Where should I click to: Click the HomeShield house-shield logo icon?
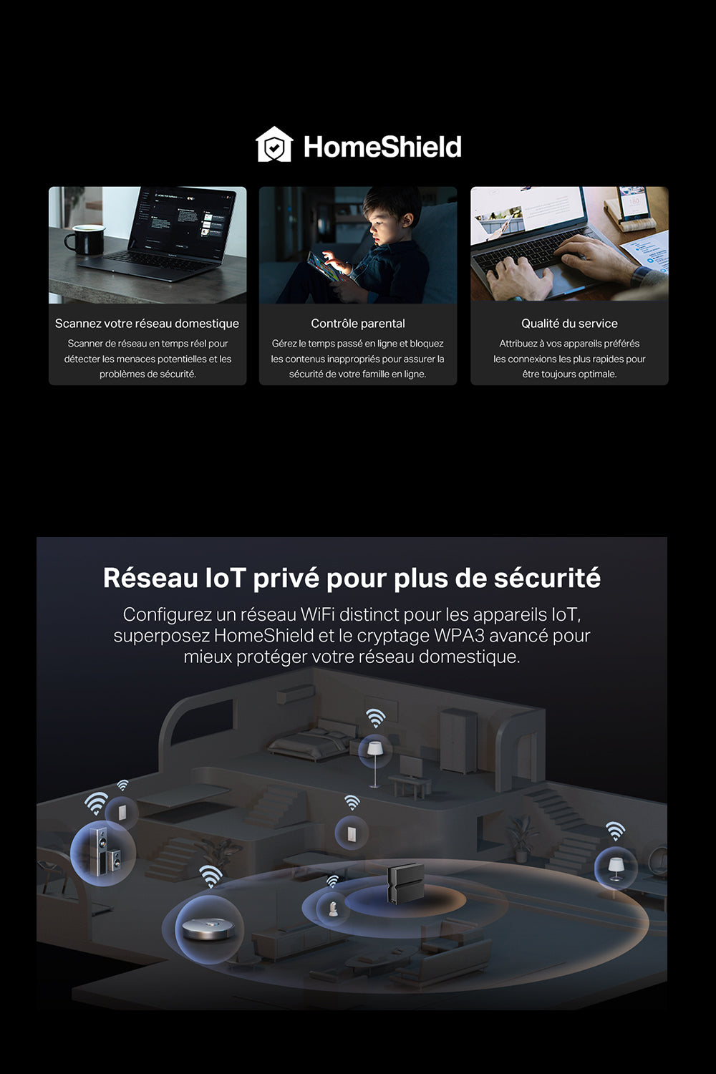274,145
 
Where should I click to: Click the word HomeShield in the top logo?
382,146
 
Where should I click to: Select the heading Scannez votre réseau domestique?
147,324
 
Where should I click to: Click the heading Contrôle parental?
358,324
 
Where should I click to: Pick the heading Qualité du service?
569,324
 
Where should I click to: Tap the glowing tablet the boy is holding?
324,266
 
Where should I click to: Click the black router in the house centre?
405,883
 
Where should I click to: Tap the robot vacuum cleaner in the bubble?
208,929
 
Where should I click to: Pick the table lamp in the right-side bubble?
616,869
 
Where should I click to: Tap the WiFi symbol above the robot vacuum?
211,876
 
